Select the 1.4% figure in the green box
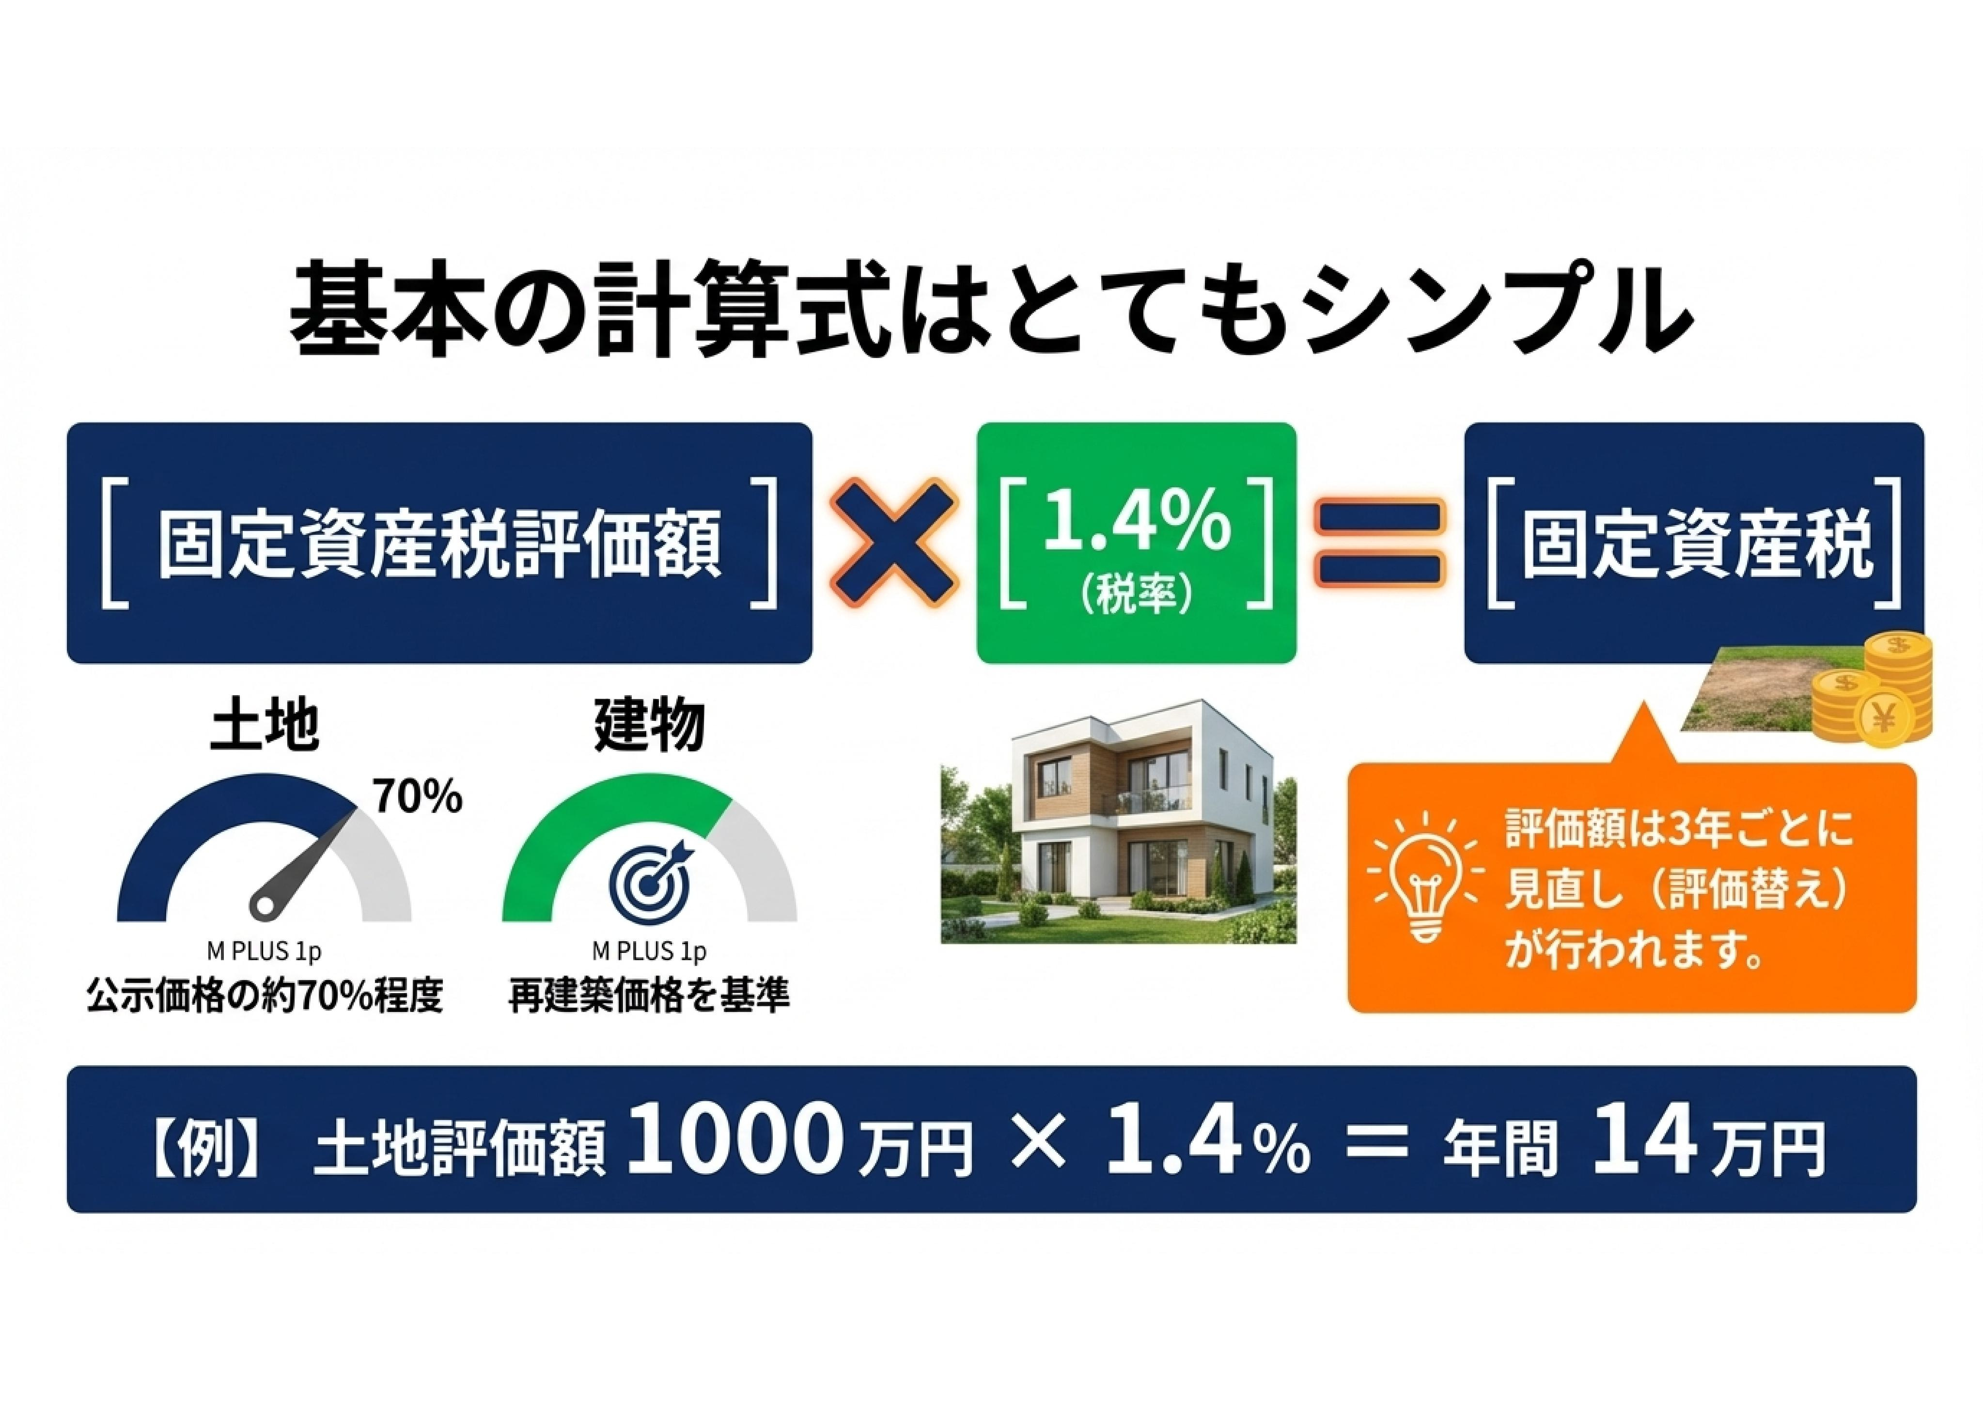(1137, 523)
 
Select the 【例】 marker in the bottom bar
(204, 1149)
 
